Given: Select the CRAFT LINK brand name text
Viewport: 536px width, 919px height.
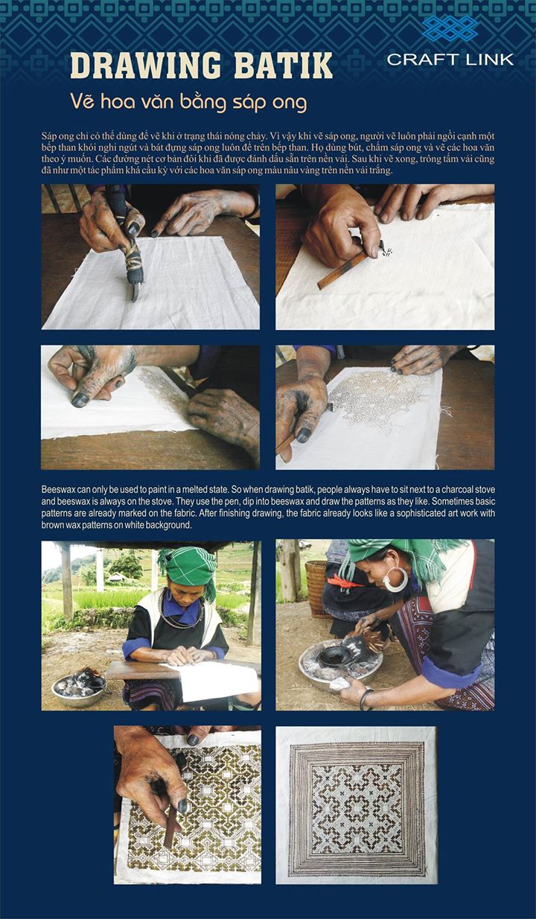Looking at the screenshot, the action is coord(450,60).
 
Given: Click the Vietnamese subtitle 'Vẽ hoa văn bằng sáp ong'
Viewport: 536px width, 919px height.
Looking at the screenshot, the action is coord(188,102).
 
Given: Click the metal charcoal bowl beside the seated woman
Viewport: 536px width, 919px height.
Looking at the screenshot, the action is coord(79,690).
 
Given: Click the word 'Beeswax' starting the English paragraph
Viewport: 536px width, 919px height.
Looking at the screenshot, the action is coord(55,489).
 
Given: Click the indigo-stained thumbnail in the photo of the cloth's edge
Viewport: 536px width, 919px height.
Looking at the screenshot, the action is coord(80,400).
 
